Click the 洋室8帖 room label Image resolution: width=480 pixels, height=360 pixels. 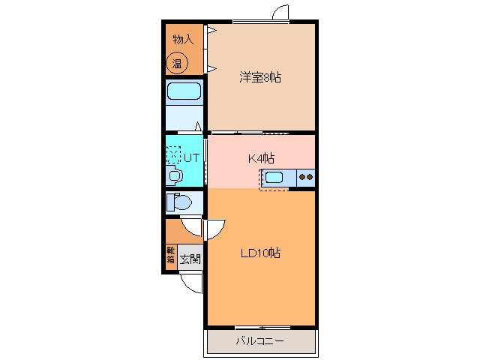pyautogui.click(x=260, y=76)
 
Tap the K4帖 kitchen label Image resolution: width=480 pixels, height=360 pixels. pyautogui.click(x=261, y=157)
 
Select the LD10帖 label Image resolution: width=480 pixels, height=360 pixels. pyautogui.click(x=260, y=253)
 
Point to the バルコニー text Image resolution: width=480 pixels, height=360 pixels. pyautogui.click(x=259, y=341)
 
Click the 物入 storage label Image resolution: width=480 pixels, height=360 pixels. pyautogui.click(x=182, y=39)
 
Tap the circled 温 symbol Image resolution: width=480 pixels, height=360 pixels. pyautogui.click(x=178, y=64)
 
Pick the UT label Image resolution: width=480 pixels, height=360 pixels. pyautogui.click(x=191, y=157)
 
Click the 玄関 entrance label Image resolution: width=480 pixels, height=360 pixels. pyautogui.click(x=190, y=259)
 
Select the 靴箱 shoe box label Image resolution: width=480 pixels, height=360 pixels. pyautogui.click(x=171, y=256)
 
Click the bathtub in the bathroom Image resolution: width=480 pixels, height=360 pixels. pyautogui.click(x=183, y=92)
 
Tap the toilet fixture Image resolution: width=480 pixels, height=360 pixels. pyautogui.click(x=178, y=202)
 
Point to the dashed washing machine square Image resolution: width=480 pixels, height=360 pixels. pyautogui.click(x=174, y=153)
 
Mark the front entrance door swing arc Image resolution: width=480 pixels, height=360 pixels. pyautogui.click(x=193, y=283)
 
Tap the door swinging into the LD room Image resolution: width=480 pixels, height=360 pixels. pyautogui.click(x=214, y=228)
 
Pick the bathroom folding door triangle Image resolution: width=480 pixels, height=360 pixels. pyautogui.click(x=198, y=127)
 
